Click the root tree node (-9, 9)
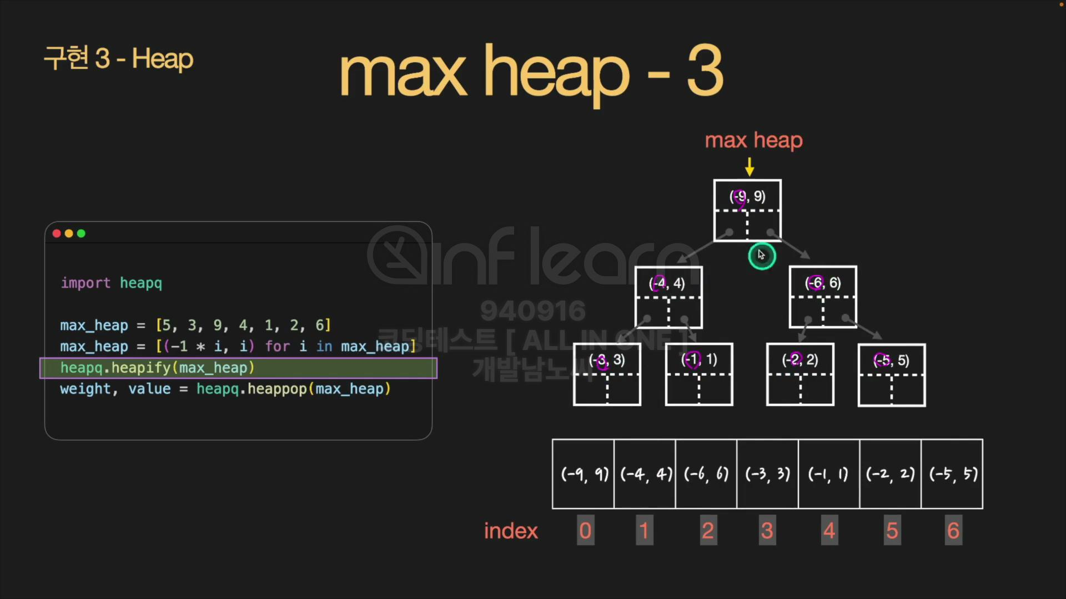(x=747, y=210)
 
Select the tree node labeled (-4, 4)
(x=668, y=297)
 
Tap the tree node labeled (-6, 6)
(x=823, y=297)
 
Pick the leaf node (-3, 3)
(x=607, y=374)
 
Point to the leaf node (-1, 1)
(x=699, y=374)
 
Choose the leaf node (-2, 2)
(x=800, y=374)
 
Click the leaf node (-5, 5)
(x=892, y=375)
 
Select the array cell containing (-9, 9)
(x=584, y=474)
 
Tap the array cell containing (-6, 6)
(x=706, y=474)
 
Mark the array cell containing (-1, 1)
(x=829, y=474)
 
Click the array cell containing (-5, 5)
(x=952, y=474)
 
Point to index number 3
(x=767, y=531)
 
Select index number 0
(x=585, y=531)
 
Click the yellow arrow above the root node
(x=750, y=166)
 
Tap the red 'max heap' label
(x=753, y=140)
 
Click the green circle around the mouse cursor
(x=762, y=256)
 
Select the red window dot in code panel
(x=57, y=233)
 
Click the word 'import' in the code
(x=86, y=283)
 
